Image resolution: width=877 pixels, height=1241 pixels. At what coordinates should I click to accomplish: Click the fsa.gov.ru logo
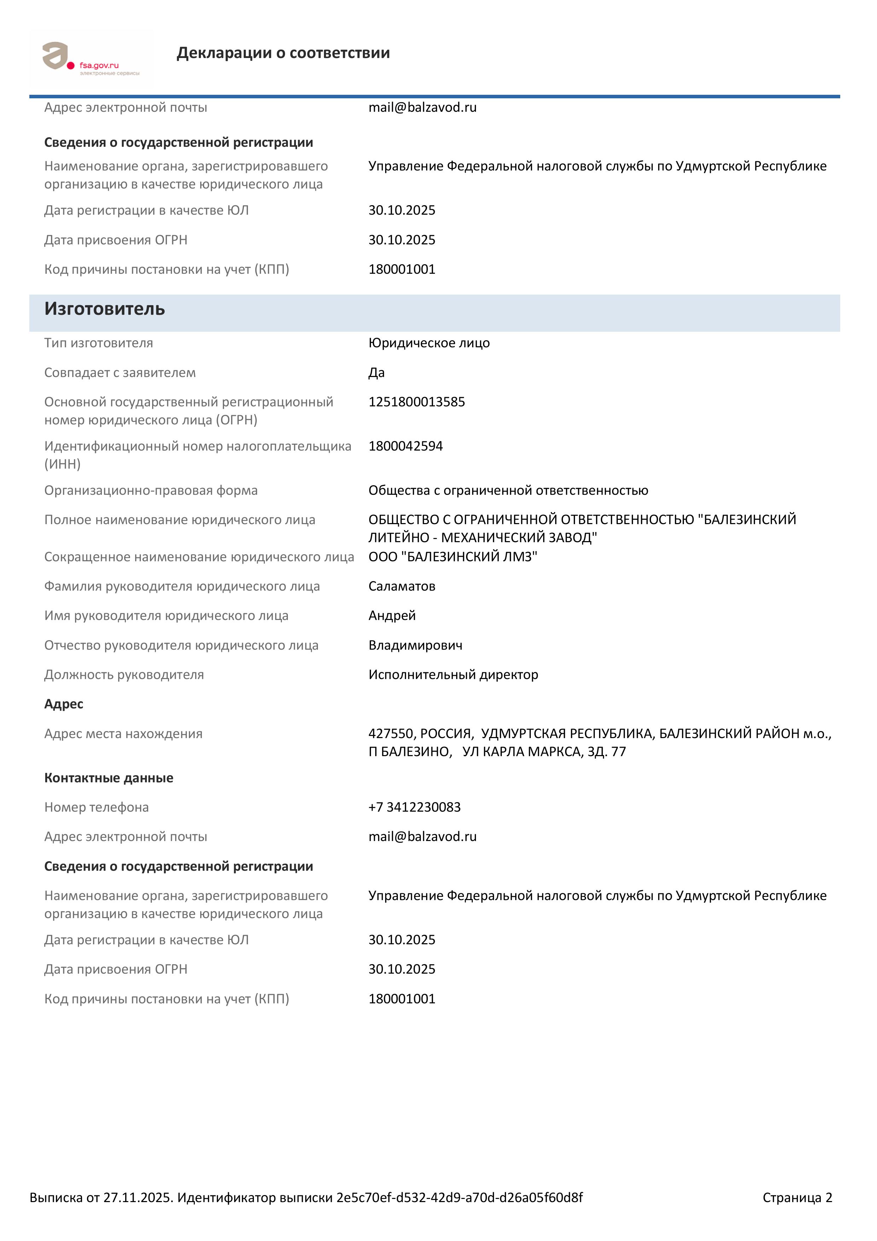(91, 58)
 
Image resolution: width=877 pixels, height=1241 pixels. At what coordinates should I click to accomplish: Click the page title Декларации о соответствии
(283, 53)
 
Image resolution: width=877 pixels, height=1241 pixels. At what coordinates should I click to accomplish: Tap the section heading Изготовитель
(104, 309)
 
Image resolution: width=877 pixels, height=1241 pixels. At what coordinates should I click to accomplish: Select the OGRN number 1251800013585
(417, 402)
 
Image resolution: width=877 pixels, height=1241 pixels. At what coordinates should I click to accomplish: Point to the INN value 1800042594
(405, 446)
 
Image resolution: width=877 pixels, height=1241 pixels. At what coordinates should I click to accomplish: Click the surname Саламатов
(401, 586)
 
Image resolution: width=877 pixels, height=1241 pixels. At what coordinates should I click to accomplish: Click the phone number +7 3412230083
(414, 807)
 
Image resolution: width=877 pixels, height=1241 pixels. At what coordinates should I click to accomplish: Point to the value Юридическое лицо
(429, 343)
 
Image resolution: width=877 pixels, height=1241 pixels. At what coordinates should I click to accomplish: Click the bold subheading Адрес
(64, 704)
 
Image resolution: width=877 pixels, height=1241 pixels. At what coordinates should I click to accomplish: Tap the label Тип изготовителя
(98, 343)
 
